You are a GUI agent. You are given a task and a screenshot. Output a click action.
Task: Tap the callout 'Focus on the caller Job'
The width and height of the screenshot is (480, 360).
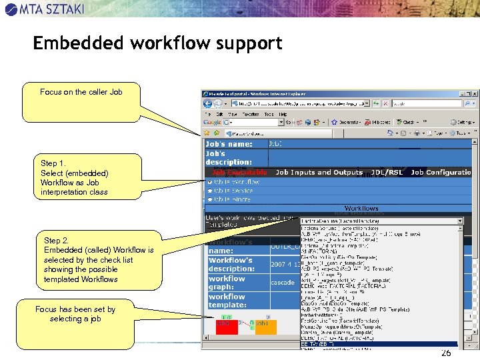pyautogui.click(x=81, y=92)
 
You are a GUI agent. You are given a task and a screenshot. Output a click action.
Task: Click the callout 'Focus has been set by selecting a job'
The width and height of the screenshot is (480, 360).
pyautogui.click(x=75, y=314)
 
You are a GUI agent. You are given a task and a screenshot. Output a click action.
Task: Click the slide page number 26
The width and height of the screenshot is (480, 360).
pyautogui.click(x=446, y=353)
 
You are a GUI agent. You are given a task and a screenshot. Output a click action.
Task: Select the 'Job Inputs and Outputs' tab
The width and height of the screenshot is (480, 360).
pyautogui.click(x=319, y=172)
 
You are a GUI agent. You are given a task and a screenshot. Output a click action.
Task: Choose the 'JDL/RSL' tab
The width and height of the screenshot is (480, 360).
pyautogui.click(x=387, y=172)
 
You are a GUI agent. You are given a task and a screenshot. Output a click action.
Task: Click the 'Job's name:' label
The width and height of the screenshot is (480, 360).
pyautogui.click(x=229, y=144)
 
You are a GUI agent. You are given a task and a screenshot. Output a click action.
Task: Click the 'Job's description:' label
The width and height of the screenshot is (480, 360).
pyautogui.click(x=229, y=157)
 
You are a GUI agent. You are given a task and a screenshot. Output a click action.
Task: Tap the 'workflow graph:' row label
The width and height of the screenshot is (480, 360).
pyautogui.click(x=227, y=283)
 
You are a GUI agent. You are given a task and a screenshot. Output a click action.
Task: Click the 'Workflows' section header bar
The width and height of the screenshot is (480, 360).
pyautogui.click(x=361, y=208)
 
